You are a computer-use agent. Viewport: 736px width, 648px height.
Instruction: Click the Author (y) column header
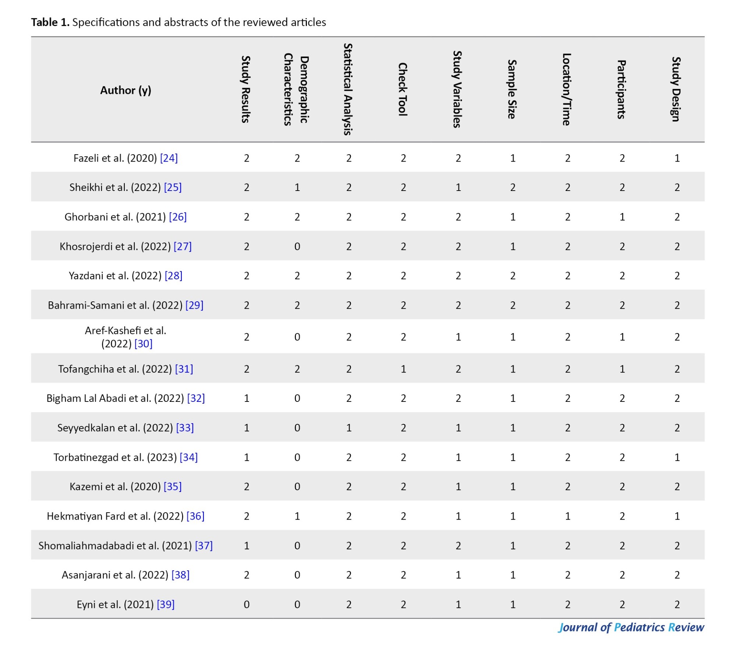125,90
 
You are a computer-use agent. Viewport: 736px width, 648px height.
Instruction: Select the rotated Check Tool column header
403,89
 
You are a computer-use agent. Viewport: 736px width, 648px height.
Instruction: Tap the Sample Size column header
512,89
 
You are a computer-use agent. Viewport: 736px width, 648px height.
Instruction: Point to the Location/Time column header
567,89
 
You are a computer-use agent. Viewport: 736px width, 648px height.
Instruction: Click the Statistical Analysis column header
348,89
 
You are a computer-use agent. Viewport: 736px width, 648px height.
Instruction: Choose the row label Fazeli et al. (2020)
115,158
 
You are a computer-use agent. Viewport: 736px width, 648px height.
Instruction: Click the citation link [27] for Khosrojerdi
183,246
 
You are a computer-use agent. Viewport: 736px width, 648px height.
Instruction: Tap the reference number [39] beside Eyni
166,604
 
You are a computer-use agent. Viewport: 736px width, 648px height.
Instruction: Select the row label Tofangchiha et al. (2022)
115,369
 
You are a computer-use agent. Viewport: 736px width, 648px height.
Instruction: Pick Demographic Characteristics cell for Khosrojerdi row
297,246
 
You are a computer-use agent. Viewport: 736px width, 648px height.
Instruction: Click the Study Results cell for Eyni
247,604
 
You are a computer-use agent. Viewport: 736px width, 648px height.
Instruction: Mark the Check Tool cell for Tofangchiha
403,369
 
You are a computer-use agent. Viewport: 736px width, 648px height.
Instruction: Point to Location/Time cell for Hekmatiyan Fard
568,516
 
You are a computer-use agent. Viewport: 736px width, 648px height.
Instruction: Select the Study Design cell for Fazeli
677,158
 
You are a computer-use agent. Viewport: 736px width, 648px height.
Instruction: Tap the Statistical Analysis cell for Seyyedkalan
349,428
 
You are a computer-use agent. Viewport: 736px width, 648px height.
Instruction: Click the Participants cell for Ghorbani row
622,217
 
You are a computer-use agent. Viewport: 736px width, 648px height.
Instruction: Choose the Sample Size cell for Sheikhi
513,187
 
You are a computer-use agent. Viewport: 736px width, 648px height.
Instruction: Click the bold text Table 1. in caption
50,22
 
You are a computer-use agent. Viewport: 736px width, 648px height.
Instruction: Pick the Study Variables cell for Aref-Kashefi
458,337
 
